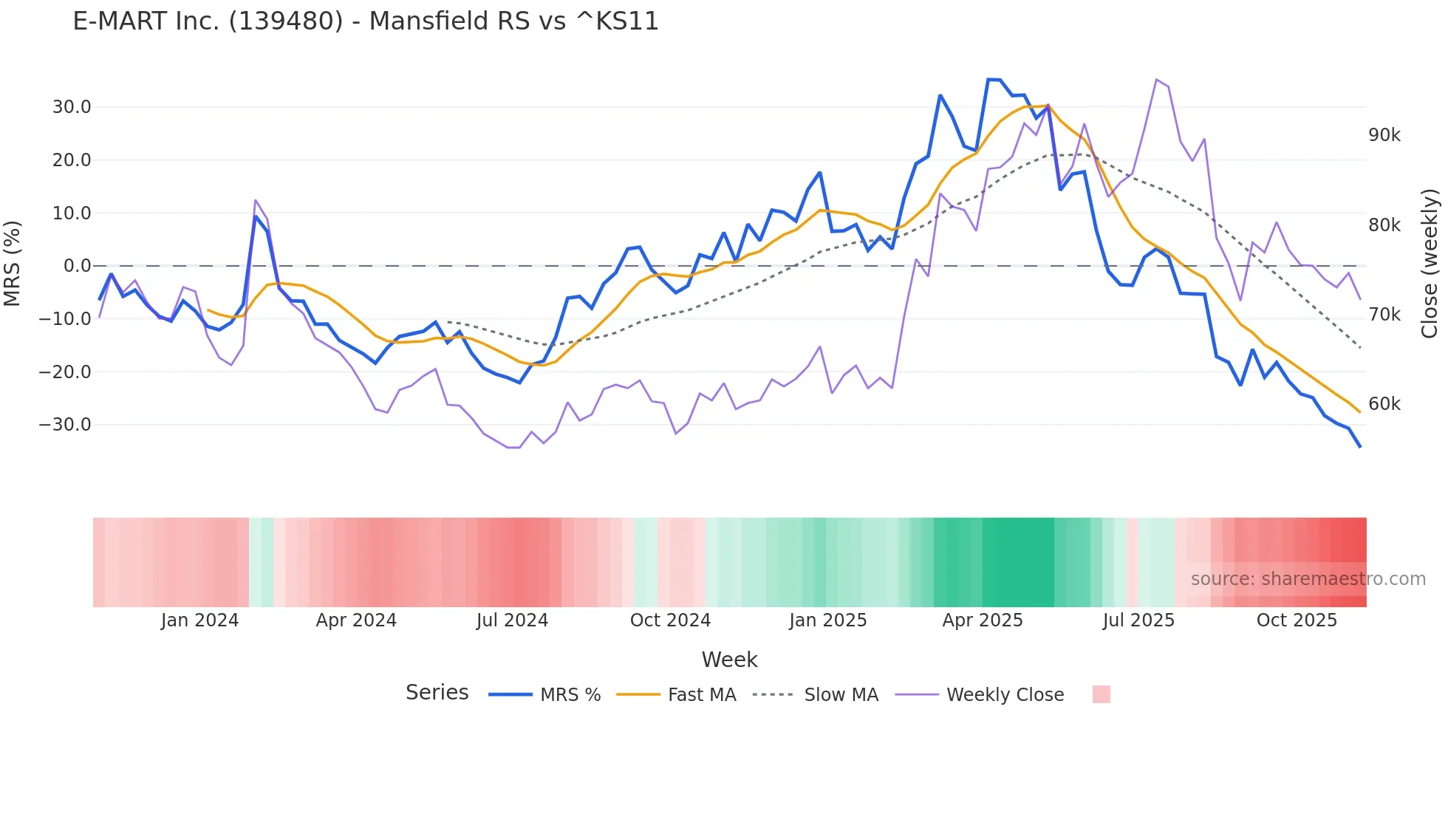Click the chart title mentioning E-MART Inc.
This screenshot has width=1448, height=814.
pyautogui.click(x=366, y=21)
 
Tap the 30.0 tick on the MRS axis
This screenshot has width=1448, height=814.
pyautogui.click(x=72, y=107)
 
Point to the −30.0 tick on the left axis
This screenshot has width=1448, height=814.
pyautogui.click(x=66, y=425)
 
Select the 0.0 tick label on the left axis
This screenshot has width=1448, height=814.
pyautogui.click(x=78, y=266)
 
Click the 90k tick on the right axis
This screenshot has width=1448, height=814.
pyautogui.click(x=1384, y=135)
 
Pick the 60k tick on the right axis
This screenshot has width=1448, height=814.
pyautogui.click(x=1384, y=404)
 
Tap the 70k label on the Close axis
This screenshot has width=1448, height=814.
pyautogui.click(x=1384, y=315)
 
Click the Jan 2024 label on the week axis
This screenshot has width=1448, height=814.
pyautogui.click(x=199, y=620)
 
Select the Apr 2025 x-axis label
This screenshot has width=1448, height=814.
pyautogui.click(x=983, y=620)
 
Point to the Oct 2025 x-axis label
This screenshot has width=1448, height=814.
pyautogui.click(x=1297, y=620)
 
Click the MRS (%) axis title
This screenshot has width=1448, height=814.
pyautogui.click(x=13, y=263)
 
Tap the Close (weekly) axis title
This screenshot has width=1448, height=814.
pyautogui.click(x=1430, y=263)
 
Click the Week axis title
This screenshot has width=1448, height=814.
pyautogui.click(x=729, y=660)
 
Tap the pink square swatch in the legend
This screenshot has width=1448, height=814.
pyautogui.click(x=1101, y=694)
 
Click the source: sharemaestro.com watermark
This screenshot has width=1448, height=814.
pyautogui.click(x=1308, y=579)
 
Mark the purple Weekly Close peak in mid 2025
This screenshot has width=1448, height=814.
pyautogui.click(x=1156, y=80)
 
